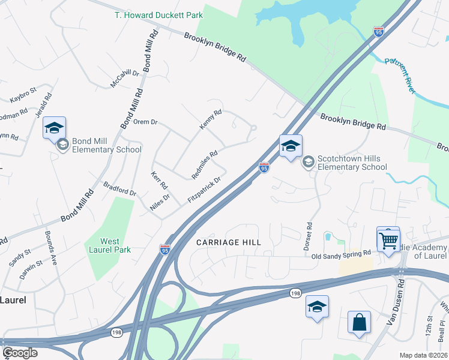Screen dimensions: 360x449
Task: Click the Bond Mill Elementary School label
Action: (x=106, y=146)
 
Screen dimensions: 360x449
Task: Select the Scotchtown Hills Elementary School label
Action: (x=352, y=163)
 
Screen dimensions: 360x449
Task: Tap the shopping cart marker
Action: (x=388, y=241)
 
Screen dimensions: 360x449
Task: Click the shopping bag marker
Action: (x=359, y=322)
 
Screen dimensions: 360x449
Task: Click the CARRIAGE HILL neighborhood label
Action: (x=229, y=242)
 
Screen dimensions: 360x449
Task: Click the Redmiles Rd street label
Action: (x=204, y=164)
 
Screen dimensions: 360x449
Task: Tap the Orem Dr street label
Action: (x=145, y=122)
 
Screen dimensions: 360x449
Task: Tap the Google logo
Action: (x=20, y=353)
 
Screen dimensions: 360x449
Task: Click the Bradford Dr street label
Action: (x=120, y=189)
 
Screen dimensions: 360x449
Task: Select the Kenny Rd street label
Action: (x=211, y=119)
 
